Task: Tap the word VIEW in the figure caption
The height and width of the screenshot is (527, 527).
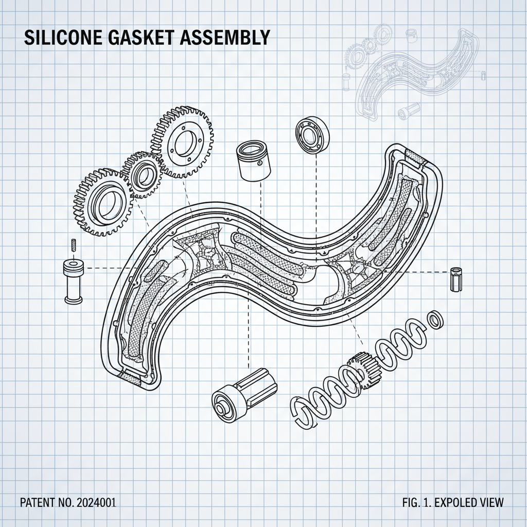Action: point(492,502)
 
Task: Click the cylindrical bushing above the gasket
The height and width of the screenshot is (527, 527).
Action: point(253,160)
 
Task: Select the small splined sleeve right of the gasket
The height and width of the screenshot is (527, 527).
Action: point(455,279)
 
